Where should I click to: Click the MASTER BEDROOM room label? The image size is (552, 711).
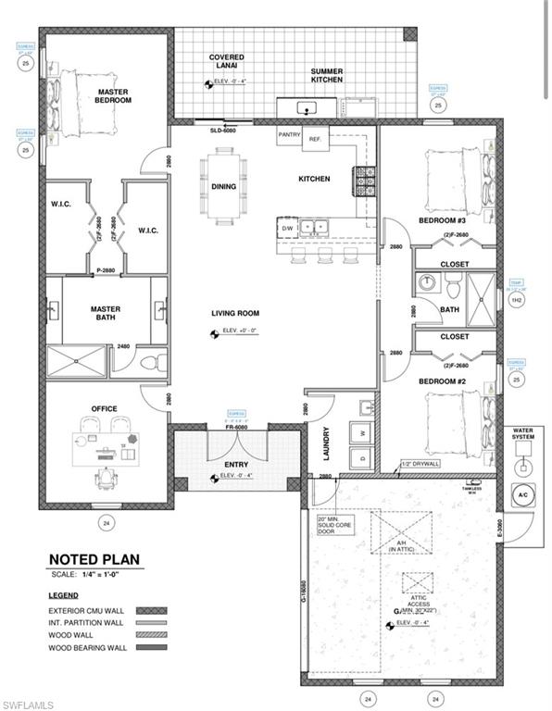point(111,96)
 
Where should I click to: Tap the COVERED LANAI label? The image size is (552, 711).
point(227,63)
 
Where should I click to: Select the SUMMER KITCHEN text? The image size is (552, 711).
point(326,75)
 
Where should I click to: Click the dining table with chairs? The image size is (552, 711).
point(225,186)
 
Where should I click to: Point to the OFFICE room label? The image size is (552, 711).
point(103,408)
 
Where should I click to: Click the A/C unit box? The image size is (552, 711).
point(521,494)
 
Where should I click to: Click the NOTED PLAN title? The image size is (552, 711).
point(94,560)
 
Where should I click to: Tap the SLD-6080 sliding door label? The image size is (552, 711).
point(223,131)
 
